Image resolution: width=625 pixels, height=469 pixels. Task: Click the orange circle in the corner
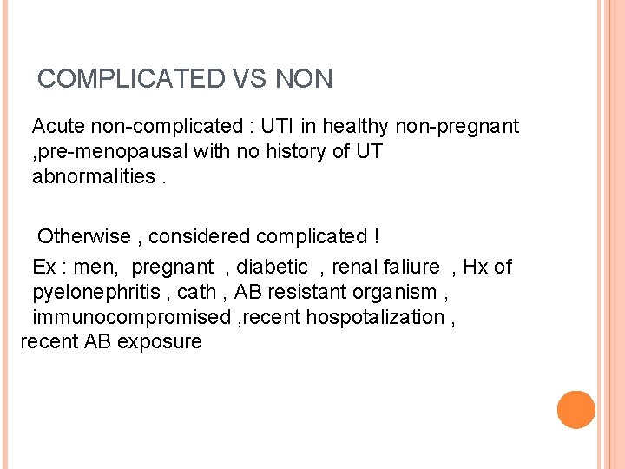[576, 410]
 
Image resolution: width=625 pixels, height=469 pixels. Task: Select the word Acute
[60, 127]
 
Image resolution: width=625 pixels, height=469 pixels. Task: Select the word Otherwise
[84, 236]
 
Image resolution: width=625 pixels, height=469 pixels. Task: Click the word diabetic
[273, 267]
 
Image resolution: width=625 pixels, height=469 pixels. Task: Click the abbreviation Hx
[477, 267]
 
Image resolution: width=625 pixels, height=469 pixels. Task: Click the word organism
[398, 292]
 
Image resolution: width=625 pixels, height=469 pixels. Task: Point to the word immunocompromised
[131, 317]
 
